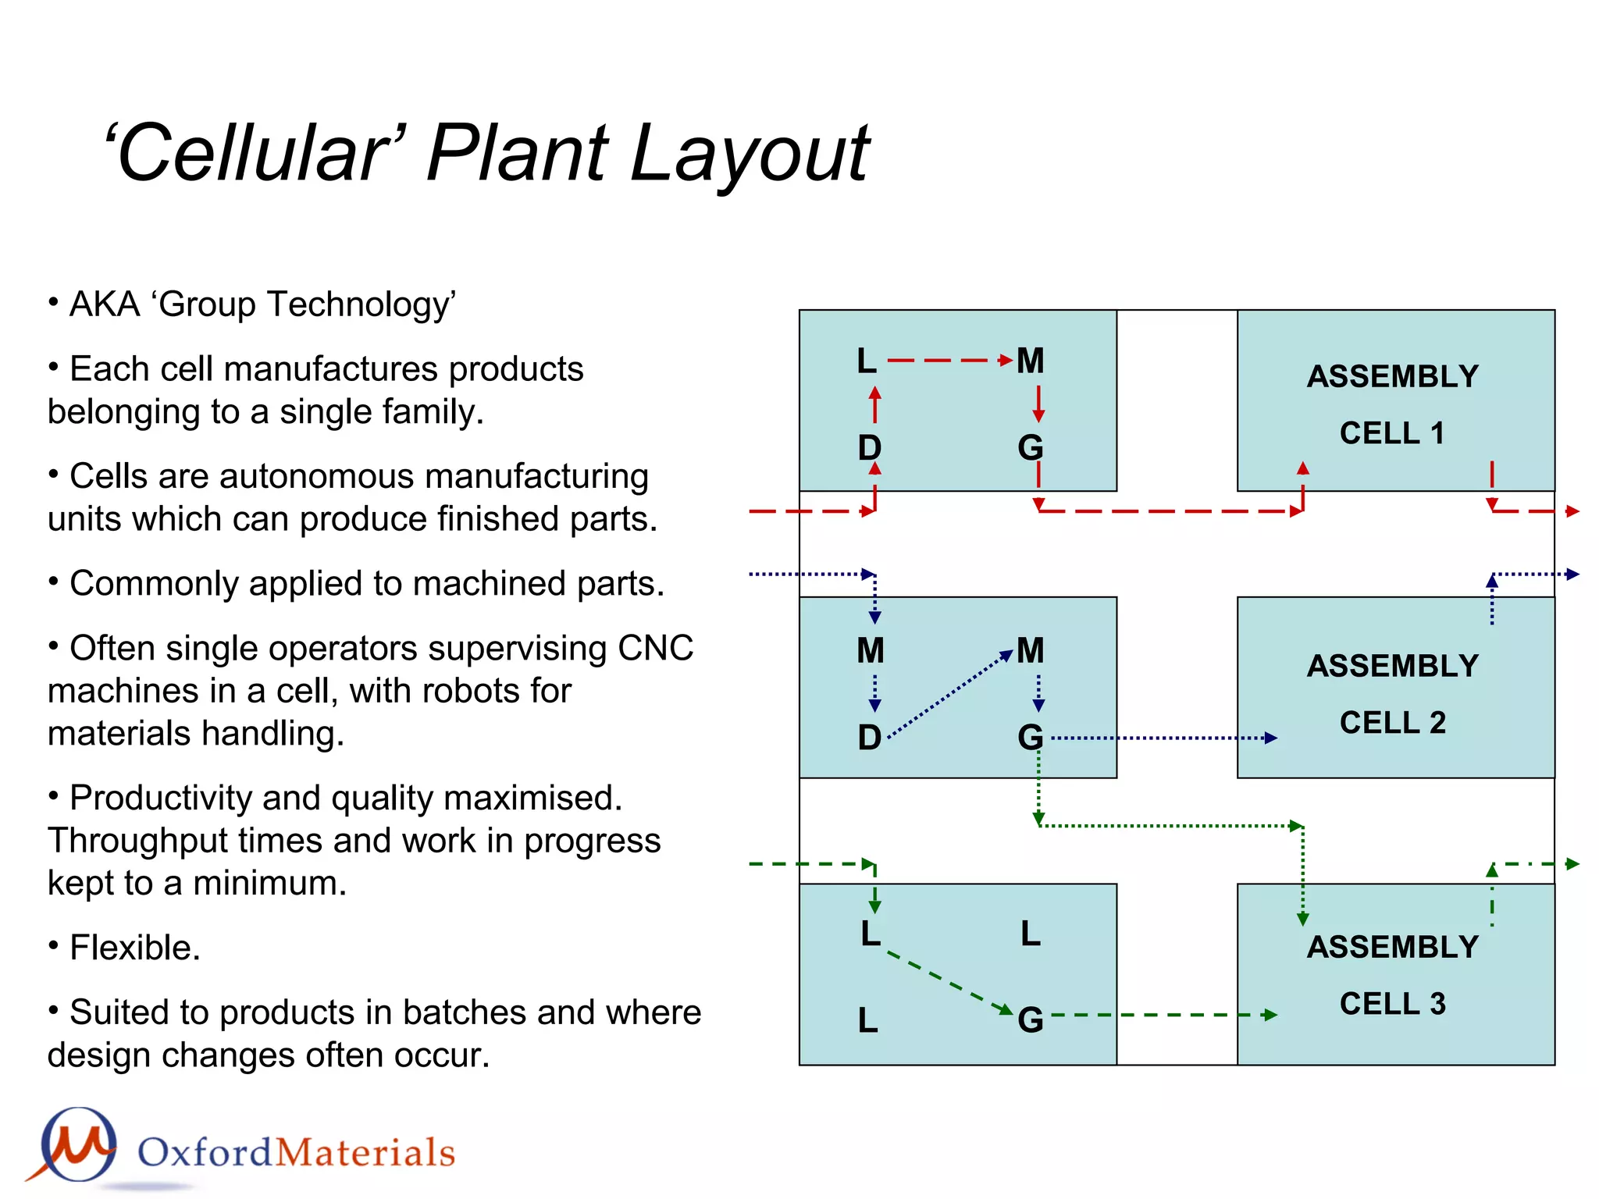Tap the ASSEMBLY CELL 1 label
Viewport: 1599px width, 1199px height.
(1393, 404)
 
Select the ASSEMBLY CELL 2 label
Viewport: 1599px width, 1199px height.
(1393, 694)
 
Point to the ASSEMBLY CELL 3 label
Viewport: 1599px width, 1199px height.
(1393, 975)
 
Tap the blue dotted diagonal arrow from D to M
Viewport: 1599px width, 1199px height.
(949, 694)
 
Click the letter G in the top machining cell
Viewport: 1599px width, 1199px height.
(1031, 448)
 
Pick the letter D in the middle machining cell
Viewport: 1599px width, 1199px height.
(870, 738)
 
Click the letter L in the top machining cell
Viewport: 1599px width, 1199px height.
(867, 361)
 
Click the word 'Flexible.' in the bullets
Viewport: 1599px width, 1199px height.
(135, 948)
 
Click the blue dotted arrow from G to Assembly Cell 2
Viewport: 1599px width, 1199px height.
(1163, 738)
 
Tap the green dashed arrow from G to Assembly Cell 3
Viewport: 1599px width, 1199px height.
(1163, 1016)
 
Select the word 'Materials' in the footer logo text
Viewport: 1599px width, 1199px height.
(365, 1153)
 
